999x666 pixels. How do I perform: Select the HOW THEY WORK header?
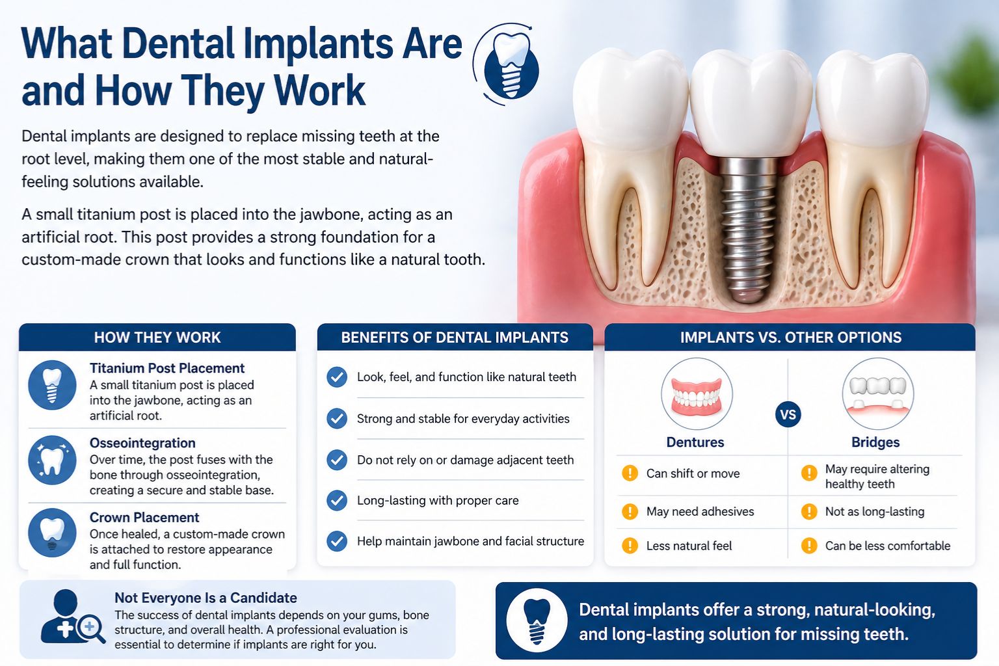(157, 338)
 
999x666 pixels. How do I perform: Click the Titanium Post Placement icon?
(52, 385)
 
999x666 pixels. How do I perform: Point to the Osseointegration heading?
(142, 443)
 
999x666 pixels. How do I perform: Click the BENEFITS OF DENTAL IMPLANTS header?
(455, 338)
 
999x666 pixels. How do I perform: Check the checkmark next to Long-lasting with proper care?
(337, 500)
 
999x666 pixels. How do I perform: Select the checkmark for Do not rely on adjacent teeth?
(337, 460)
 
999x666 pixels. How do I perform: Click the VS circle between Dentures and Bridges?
(788, 415)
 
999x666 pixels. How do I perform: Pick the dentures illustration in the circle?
(697, 394)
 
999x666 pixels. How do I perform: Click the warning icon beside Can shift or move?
(630, 473)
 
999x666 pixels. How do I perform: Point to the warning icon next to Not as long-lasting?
(809, 511)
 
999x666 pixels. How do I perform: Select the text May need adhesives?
(700, 511)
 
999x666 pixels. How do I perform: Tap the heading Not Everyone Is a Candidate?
(206, 598)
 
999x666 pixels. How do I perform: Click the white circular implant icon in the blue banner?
(537, 620)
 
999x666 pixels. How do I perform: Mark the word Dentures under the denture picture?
(695, 442)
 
